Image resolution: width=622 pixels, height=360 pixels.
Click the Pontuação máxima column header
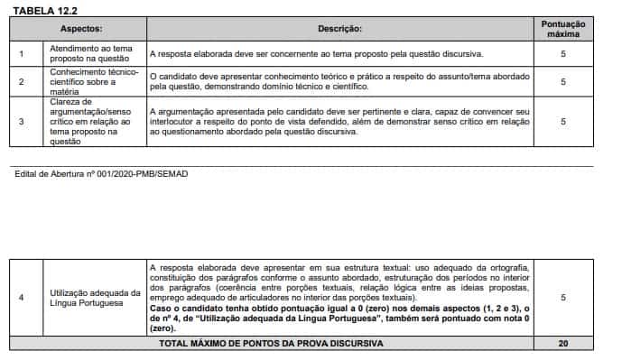point(562,28)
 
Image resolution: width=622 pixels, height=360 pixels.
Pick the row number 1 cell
point(22,54)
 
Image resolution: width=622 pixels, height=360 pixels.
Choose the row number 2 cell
point(22,81)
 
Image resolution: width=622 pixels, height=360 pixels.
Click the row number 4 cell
point(22,298)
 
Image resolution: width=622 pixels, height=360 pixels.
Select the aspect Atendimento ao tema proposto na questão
point(89,54)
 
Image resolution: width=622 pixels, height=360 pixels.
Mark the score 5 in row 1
point(562,54)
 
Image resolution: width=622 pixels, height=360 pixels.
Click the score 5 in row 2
point(562,81)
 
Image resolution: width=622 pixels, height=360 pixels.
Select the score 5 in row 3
point(562,121)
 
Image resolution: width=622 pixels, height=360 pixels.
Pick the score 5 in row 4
point(562,298)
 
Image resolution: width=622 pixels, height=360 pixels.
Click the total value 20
point(562,344)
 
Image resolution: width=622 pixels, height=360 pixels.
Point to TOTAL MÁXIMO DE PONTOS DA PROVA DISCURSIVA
point(271,344)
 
